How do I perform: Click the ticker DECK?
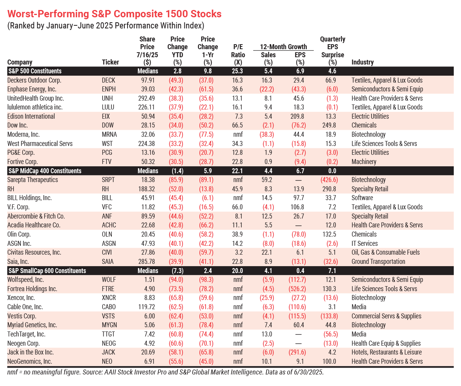point(108,80)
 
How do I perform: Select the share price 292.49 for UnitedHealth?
point(146,98)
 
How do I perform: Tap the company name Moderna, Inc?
point(23,134)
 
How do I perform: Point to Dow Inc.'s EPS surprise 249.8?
point(329,125)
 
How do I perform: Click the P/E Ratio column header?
point(238,54)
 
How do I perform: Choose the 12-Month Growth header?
point(283,47)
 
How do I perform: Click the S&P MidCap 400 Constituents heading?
point(45,171)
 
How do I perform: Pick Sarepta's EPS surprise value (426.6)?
point(329,180)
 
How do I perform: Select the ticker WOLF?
point(109,280)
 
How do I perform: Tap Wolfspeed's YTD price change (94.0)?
point(176,280)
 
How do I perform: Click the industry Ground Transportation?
point(378,262)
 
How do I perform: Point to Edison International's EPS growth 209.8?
point(297,116)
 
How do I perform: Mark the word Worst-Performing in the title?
point(48,14)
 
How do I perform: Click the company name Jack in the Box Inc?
point(30,352)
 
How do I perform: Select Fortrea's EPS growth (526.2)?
point(297,289)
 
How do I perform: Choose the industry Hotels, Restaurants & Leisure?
point(386,352)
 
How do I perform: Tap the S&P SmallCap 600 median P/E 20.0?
point(237,271)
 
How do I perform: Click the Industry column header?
point(363,62)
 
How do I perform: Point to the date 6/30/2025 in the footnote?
point(308,372)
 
